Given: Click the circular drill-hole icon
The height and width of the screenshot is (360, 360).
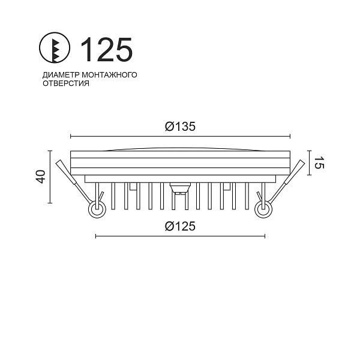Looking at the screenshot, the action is coord(55,48).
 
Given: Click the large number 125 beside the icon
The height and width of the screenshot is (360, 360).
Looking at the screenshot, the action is coord(107,50).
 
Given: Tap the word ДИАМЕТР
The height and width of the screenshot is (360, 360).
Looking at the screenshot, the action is coord(61,74).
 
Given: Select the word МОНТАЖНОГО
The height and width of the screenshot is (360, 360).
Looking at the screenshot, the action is coord(110,74).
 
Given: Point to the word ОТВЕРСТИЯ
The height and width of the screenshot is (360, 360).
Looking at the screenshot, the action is coord(66,83).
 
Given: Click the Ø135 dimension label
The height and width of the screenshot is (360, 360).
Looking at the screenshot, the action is coord(180,127).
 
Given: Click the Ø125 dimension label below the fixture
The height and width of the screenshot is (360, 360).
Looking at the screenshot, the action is coord(180,226).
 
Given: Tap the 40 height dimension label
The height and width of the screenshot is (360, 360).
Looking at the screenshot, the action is coord(41,176).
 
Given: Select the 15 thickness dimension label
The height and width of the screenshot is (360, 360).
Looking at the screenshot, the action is coord(319,163).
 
